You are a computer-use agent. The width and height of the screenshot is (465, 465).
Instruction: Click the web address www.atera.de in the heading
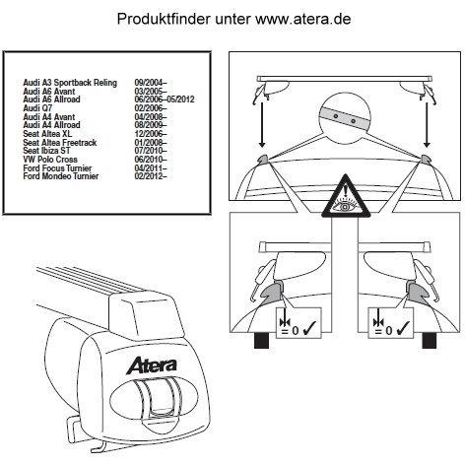(x=303, y=19)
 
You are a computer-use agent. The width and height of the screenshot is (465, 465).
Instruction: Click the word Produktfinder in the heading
(x=164, y=19)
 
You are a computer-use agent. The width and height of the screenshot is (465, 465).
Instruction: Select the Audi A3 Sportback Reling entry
(x=70, y=83)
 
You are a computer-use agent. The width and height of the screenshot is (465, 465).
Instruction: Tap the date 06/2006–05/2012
(x=165, y=100)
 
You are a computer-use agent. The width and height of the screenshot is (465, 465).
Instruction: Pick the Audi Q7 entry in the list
(x=37, y=108)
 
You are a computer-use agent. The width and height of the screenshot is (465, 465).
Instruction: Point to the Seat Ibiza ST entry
(x=46, y=151)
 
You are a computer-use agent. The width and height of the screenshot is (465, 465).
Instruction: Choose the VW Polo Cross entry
(x=50, y=160)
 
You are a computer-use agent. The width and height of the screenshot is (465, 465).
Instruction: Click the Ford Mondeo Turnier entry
(x=61, y=176)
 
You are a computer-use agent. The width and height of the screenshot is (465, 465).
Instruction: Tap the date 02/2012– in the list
(x=151, y=176)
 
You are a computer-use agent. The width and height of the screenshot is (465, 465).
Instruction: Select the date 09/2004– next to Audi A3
(x=151, y=83)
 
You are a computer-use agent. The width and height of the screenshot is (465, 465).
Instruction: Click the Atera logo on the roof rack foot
(x=152, y=365)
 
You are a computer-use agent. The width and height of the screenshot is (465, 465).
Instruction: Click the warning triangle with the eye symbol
(x=346, y=196)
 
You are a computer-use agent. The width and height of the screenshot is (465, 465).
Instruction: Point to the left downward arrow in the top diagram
(x=262, y=125)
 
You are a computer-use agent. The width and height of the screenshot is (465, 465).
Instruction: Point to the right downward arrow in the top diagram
(x=427, y=125)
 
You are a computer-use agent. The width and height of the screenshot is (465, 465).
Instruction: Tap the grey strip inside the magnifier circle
(x=344, y=118)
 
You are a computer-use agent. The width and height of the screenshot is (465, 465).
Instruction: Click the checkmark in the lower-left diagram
(x=310, y=329)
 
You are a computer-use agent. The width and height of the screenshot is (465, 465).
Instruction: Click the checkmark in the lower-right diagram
(x=403, y=329)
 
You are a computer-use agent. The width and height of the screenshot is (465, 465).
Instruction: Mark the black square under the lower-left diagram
(x=262, y=340)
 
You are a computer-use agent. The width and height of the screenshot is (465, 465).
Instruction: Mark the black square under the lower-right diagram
(x=430, y=340)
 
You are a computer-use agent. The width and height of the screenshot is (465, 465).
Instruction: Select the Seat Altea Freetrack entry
(x=60, y=143)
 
